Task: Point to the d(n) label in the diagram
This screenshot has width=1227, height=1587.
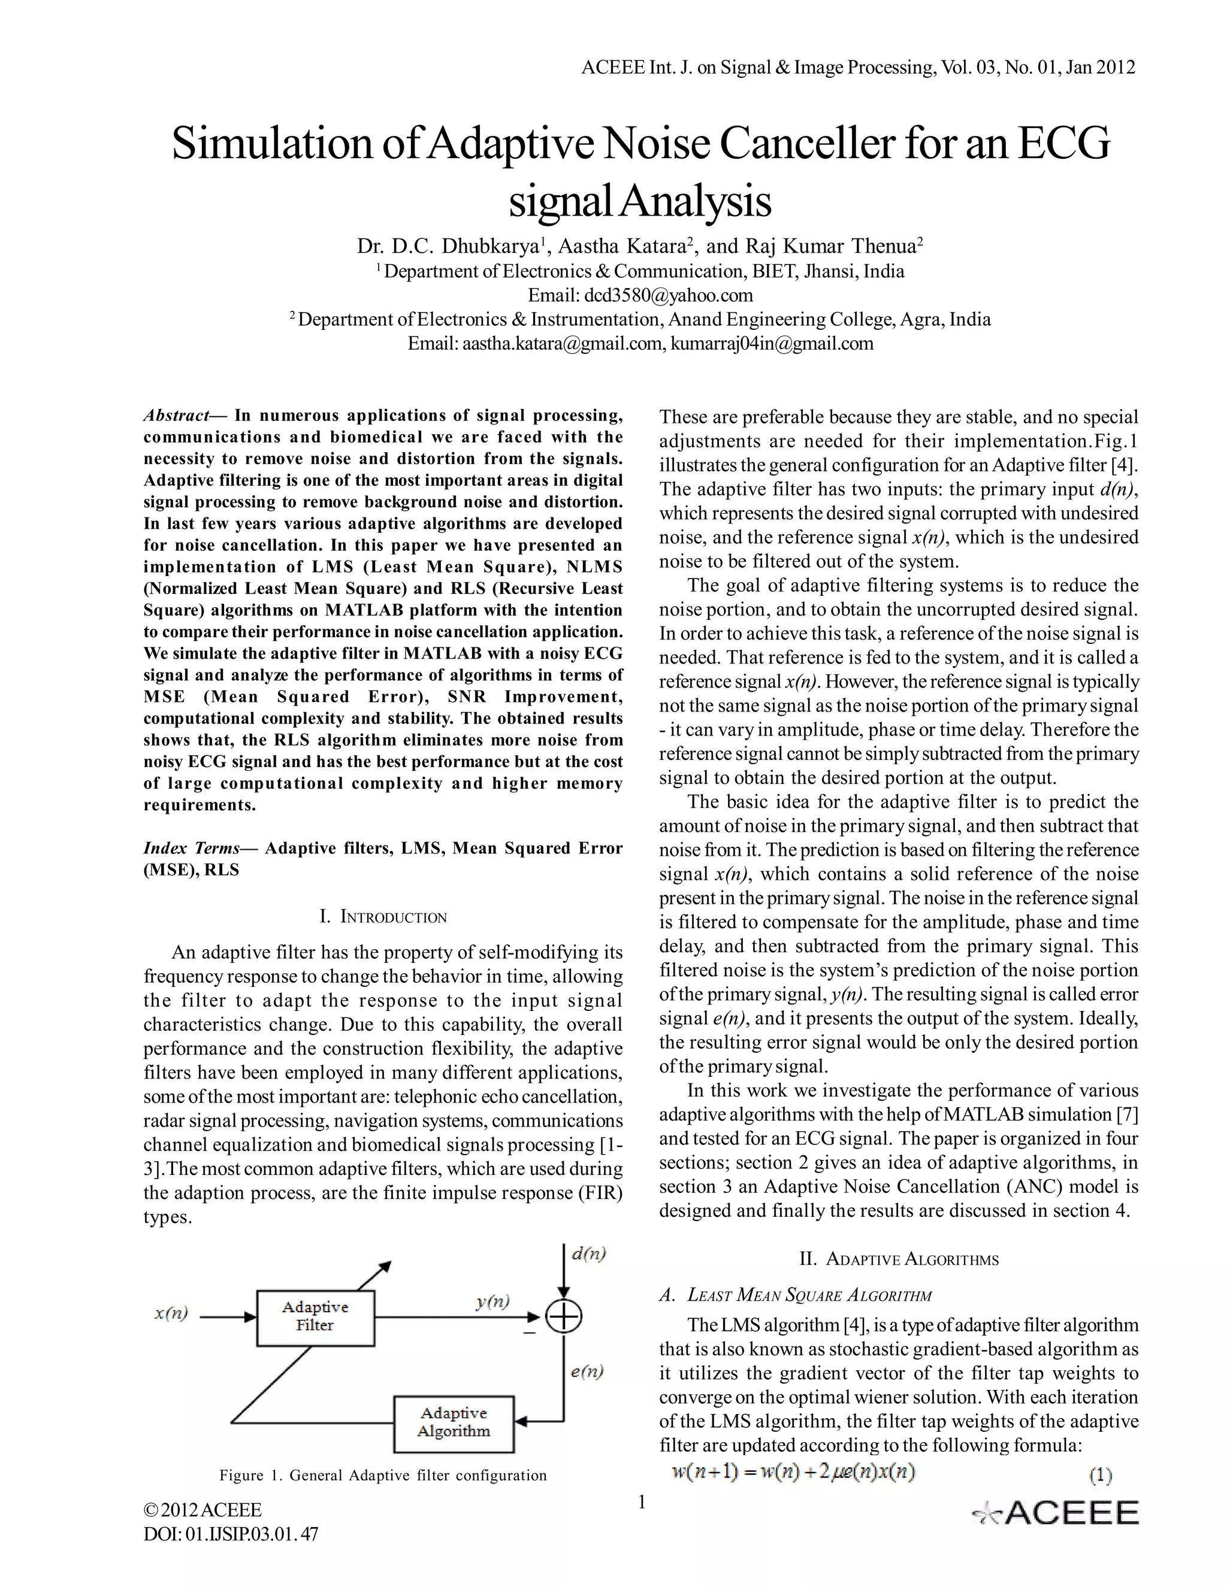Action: pos(588,1254)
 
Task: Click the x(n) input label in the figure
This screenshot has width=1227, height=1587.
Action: pos(171,1313)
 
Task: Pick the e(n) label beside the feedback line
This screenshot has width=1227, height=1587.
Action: pos(587,1371)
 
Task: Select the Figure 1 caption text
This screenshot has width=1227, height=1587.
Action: pos(383,1476)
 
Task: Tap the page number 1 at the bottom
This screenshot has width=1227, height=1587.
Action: pos(641,1502)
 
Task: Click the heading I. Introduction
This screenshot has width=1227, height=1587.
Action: pos(383,916)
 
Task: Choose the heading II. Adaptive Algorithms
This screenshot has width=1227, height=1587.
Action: pos(899,1259)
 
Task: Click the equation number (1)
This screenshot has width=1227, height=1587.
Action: pos(1100,1475)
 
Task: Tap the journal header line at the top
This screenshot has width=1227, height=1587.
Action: pos(858,68)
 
